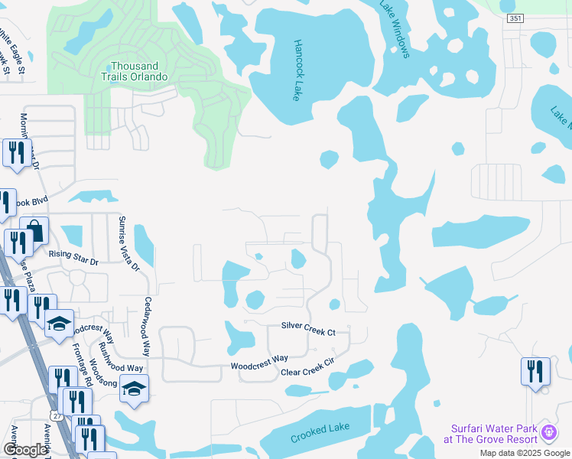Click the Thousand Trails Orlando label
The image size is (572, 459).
click(138, 71)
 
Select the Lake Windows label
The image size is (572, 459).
click(395, 28)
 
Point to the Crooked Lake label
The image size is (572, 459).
click(320, 433)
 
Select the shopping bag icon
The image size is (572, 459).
click(34, 230)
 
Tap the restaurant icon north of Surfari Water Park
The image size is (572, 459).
click(535, 372)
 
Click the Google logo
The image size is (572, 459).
click(25, 450)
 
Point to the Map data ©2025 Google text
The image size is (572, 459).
click(524, 453)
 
